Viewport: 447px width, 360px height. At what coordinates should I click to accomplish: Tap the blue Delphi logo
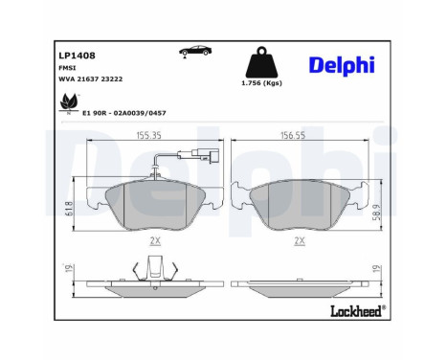click(342, 64)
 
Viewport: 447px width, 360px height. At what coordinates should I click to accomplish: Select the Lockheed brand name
click(356, 309)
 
